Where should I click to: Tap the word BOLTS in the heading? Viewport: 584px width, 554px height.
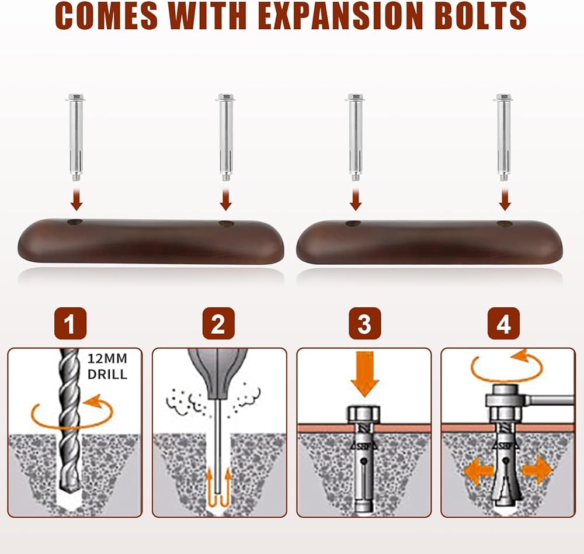[478, 17]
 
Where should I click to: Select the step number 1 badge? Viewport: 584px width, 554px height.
[70, 324]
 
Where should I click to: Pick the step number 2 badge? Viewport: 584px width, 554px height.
[218, 324]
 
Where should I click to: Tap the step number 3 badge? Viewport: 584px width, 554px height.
[364, 324]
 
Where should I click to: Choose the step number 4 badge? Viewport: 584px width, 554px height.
[503, 324]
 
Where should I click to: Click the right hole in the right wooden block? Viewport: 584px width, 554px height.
[505, 223]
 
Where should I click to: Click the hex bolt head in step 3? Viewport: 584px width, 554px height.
[365, 415]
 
